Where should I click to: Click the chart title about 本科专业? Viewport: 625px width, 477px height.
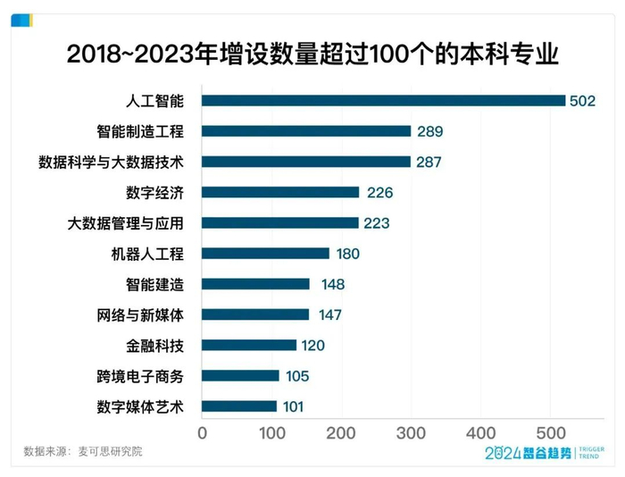click(x=312, y=55)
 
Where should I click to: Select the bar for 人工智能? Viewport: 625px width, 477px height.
click(x=383, y=101)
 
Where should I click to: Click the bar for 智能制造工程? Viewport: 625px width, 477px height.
click(x=306, y=131)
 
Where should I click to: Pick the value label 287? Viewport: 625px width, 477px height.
click(x=428, y=162)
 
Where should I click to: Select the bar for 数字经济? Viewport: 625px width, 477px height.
click(x=280, y=192)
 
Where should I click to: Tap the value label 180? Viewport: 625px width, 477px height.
click(x=347, y=254)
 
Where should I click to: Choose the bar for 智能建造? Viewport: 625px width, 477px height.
click(x=255, y=284)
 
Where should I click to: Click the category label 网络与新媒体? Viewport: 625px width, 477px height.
click(x=140, y=314)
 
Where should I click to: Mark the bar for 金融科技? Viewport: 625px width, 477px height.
click(x=249, y=345)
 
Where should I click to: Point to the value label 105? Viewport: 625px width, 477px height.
click(x=297, y=376)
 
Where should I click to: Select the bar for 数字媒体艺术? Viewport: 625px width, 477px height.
click(x=239, y=406)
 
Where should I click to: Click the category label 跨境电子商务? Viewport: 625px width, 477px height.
click(x=140, y=376)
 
